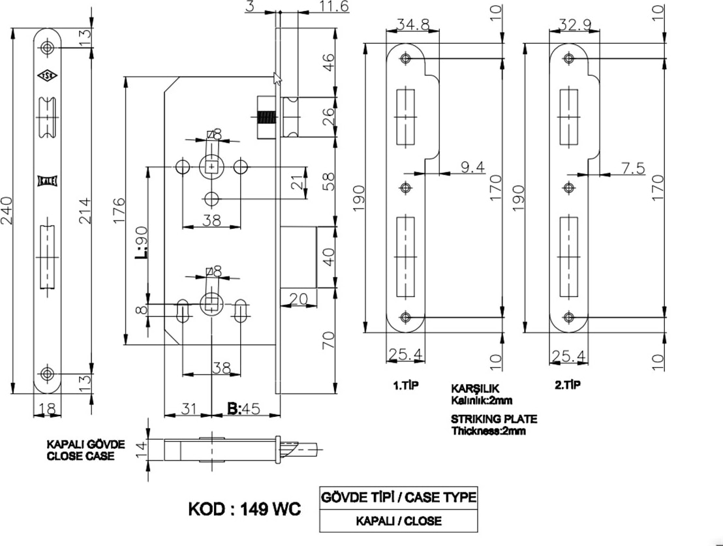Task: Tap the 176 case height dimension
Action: (119, 210)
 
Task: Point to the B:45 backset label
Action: (244, 409)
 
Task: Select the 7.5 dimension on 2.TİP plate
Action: (633, 168)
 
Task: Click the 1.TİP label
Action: (405, 386)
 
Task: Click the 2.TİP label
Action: (567, 386)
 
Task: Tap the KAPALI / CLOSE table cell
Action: (398, 521)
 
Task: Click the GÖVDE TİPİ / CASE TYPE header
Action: (398, 498)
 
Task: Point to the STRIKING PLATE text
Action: (494, 419)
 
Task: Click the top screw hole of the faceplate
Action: (46, 48)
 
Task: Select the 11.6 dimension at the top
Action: (335, 7)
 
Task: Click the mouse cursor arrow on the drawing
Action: (277, 79)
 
